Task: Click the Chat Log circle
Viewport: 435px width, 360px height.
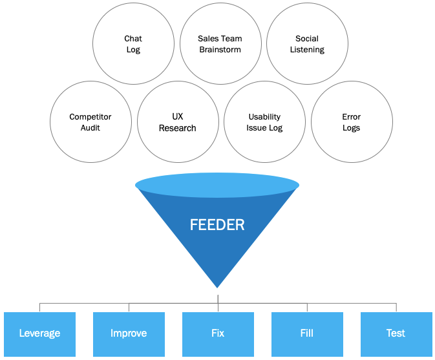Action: coord(133,45)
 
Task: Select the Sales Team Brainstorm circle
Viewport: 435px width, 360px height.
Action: coord(220,45)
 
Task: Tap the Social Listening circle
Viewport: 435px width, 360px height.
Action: coord(307,45)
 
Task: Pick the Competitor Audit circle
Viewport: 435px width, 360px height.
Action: coord(90,122)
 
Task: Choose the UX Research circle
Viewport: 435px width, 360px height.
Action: coord(178,122)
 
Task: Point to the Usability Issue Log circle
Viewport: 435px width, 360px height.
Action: coord(264,122)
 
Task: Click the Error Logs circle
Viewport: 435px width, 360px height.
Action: coord(352,122)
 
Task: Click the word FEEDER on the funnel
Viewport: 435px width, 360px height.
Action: coord(217,225)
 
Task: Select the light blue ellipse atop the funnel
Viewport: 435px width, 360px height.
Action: coord(217,185)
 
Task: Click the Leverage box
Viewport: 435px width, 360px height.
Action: coord(39,334)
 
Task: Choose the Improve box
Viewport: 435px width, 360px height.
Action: coord(129,334)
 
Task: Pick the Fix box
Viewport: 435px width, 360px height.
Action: coord(218,334)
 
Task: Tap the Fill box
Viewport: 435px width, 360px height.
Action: coord(307,334)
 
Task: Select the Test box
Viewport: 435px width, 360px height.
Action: coord(396,334)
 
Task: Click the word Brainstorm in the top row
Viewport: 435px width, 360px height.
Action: coord(220,50)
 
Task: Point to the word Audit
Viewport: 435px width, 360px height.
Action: coord(90,128)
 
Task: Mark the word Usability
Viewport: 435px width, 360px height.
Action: coord(264,117)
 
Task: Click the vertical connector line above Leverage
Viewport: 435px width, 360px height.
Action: coord(39,308)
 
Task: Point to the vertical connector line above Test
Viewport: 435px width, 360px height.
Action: coord(396,308)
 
